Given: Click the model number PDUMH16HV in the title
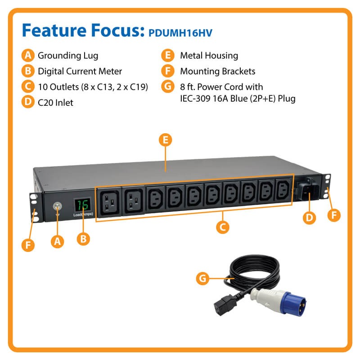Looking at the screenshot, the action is coord(180,33).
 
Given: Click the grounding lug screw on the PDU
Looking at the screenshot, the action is coord(57,206).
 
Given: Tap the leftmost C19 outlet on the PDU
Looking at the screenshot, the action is coord(109,202).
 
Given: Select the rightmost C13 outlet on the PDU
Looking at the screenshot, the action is coord(283,189).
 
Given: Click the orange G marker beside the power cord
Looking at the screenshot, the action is coord(202,279).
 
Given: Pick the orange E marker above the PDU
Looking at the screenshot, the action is coord(165,140).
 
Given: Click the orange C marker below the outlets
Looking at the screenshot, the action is coord(222,227).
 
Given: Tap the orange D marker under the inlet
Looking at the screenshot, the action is coord(309,218).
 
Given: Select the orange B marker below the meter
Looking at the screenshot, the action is coord(83,239).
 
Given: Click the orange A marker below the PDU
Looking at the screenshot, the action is coord(57,242).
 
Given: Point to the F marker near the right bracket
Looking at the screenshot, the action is coord(334,215).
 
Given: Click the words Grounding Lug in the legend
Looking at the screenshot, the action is coord(68,56).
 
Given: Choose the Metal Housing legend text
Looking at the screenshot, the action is coord(209,56).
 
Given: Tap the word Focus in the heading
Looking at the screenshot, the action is coord(118,30).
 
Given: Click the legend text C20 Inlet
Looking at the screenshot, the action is coord(55,103).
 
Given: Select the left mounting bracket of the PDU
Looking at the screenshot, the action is coord(35,208).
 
